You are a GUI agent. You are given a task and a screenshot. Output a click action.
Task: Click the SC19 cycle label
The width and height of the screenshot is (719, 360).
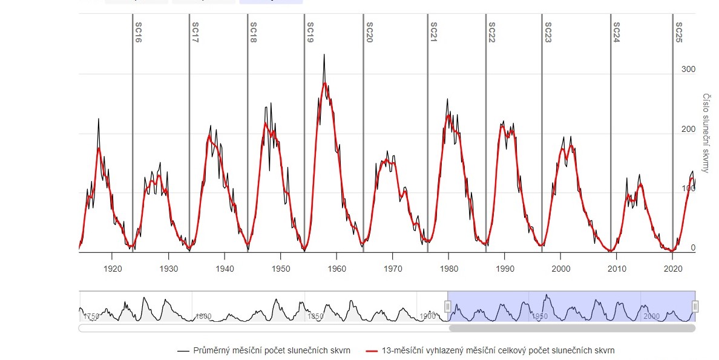[x=310, y=29]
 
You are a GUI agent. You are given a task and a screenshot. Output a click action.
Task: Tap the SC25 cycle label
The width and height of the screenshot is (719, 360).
[x=678, y=29]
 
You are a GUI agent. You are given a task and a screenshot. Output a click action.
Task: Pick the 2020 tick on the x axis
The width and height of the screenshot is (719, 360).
[x=672, y=268]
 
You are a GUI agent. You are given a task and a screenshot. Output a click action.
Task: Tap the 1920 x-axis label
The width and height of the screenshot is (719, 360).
[x=113, y=268]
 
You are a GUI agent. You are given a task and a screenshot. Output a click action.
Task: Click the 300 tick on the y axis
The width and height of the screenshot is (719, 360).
[x=688, y=70]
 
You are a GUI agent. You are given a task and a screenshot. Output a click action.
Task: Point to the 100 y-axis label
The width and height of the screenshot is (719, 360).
[x=688, y=189]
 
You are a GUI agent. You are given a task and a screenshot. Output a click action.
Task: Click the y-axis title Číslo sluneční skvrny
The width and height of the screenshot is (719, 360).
[x=706, y=133]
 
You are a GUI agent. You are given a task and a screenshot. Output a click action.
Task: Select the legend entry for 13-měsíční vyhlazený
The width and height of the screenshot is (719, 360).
[x=491, y=350]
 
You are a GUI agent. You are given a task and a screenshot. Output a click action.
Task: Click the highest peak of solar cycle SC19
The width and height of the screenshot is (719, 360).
[x=324, y=54]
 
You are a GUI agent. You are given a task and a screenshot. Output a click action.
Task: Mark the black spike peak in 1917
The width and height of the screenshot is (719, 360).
[x=98, y=119]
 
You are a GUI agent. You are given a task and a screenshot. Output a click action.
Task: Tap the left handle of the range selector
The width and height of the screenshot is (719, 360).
[x=448, y=307]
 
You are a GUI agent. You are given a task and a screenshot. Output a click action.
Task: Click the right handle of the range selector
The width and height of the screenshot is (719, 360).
[x=695, y=307]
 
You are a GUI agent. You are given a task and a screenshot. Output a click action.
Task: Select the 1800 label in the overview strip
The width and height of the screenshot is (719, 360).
[x=203, y=316]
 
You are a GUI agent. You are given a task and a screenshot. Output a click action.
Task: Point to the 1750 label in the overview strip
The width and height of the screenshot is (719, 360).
[x=91, y=316]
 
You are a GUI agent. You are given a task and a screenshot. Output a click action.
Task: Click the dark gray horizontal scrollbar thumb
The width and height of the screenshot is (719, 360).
[x=572, y=329]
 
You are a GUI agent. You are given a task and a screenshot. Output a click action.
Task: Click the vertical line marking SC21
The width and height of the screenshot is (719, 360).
[x=428, y=151]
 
